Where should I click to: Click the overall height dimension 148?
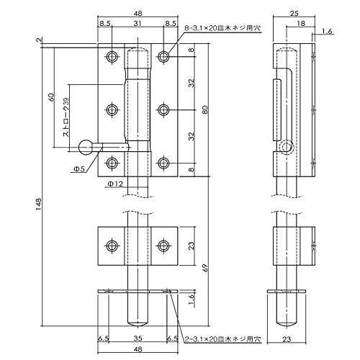point(38,204)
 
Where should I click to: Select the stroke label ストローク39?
point(66,117)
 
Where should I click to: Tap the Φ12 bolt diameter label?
point(115,184)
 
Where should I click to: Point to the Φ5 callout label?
point(78,169)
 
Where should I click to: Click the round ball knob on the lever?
point(86,148)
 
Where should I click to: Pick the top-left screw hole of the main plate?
point(112,57)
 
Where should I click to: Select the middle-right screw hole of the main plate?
point(163,110)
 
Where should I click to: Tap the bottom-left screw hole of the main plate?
point(112,163)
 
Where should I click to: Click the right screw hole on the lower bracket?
point(163,246)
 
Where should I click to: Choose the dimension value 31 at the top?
point(138,23)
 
